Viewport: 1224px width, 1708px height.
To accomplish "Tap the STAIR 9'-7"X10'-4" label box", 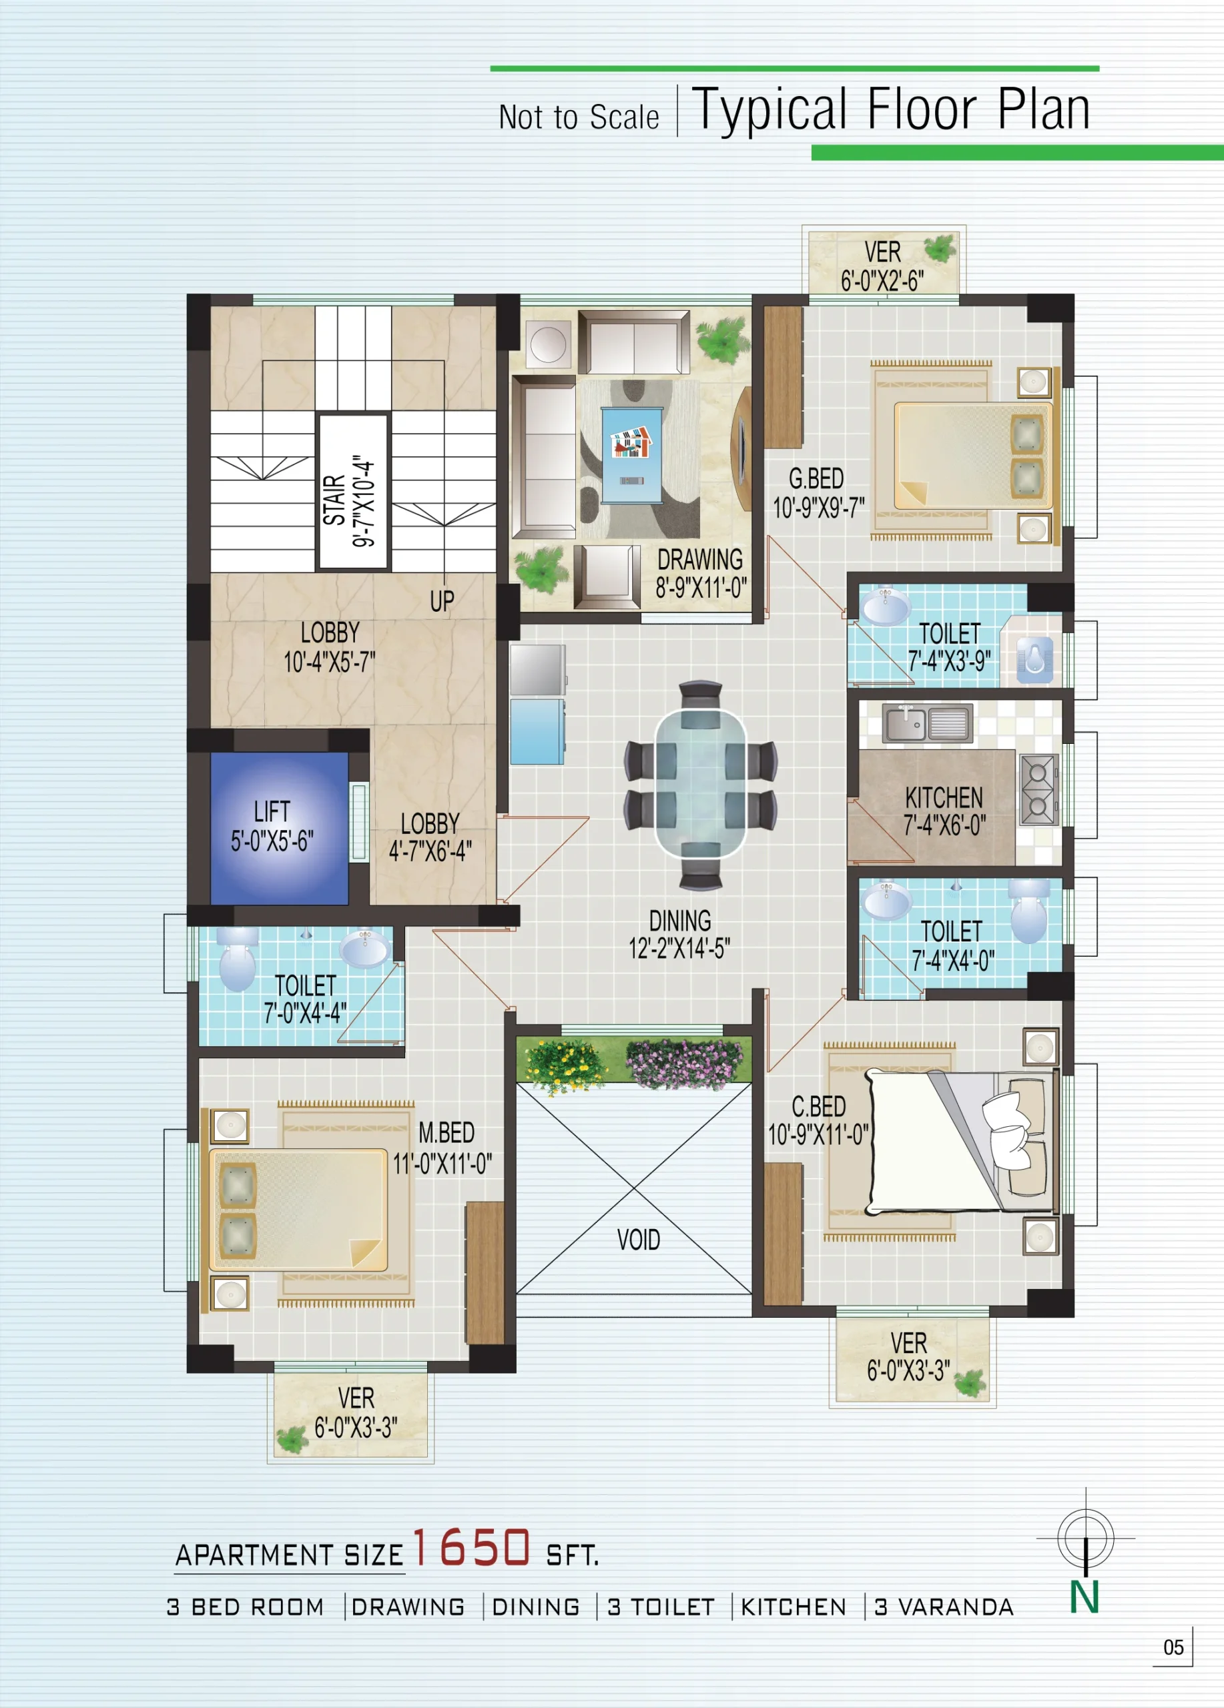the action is (x=353, y=490).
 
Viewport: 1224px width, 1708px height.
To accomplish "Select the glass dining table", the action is (x=701, y=783).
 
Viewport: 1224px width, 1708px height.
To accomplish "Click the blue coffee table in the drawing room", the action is (x=631, y=455).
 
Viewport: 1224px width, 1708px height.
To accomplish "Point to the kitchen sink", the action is (x=928, y=724).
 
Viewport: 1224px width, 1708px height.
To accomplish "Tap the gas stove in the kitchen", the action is (x=1038, y=789).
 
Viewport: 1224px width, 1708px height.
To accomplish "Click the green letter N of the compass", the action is (x=1084, y=1598).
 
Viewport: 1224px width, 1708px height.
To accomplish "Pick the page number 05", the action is (x=1173, y=1647).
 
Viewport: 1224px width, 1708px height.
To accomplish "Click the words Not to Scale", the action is (x=579, y=117).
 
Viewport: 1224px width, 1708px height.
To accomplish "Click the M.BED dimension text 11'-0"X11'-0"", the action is (x=442, y=1164).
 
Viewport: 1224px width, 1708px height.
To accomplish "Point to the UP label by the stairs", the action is (x=442, y=601).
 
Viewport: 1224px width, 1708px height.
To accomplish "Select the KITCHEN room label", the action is (x=944, y=797).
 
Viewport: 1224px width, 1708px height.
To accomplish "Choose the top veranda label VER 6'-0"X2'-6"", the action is (x=882, y=266).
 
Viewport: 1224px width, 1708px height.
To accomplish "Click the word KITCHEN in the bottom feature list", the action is (x=794, y=1607).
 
